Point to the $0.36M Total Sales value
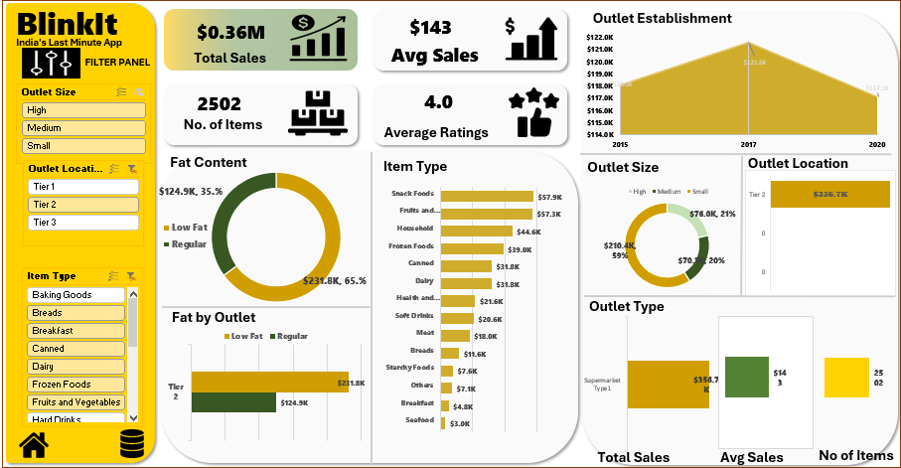(230, 33)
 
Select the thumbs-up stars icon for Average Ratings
(528, 112)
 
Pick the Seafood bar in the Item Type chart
(443, 422)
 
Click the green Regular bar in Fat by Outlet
(233, 402)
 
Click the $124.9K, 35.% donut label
(191, 191)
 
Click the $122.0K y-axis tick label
(599, 37)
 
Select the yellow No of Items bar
(846, 377)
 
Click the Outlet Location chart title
(798, 164)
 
